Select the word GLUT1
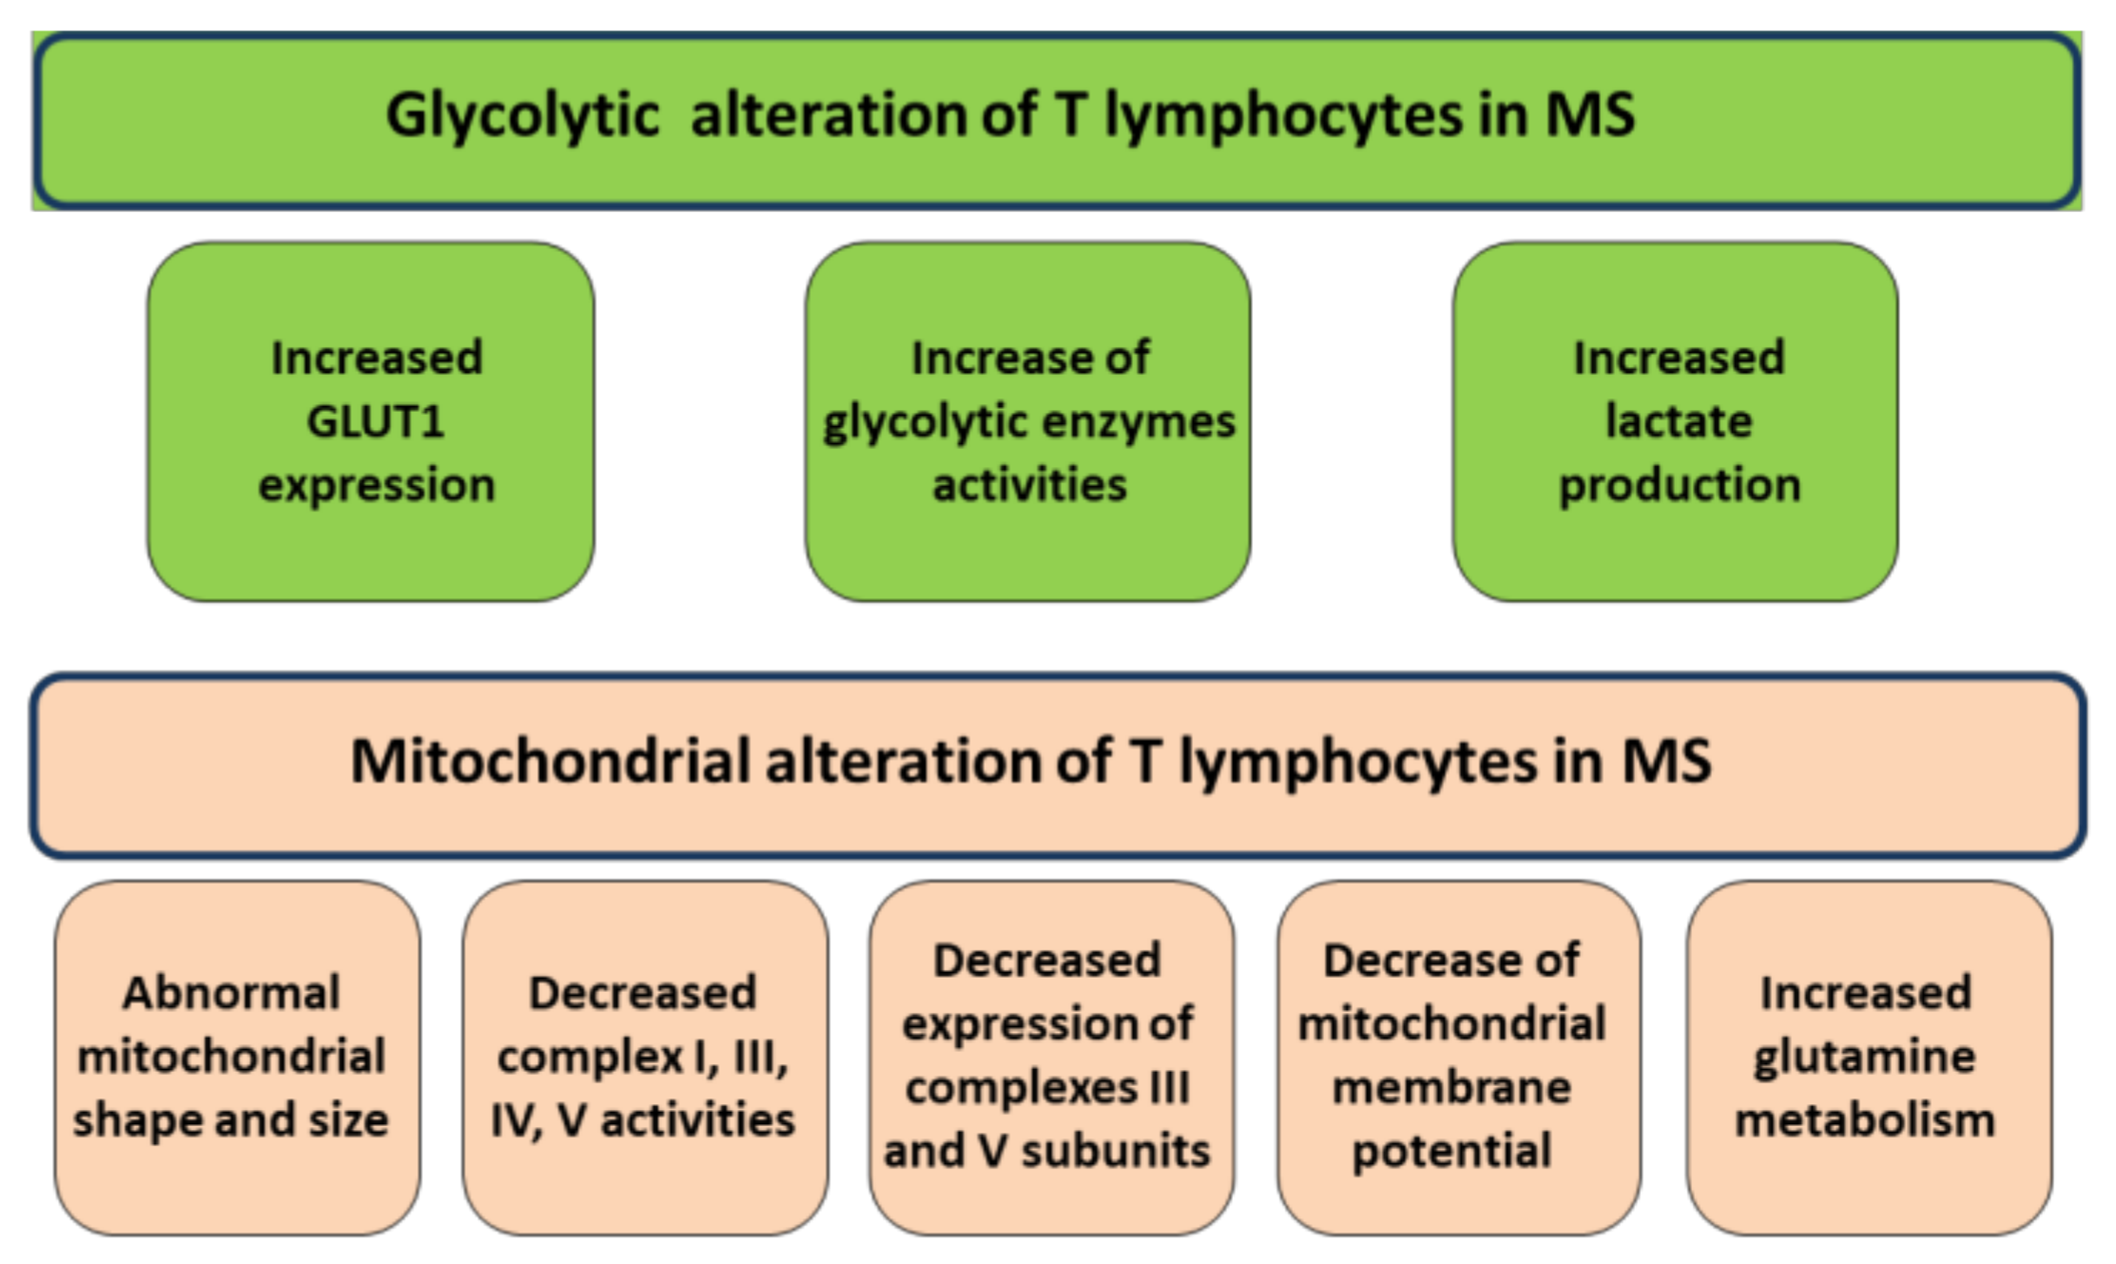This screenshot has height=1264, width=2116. coord(375,421)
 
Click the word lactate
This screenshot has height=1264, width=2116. coord(1678,421)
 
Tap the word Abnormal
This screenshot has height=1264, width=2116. coord(231,994)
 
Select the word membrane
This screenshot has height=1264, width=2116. coord(1451,1088)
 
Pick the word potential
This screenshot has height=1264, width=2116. coord(1451,1152)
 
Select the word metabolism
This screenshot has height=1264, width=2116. coord(1864,1120)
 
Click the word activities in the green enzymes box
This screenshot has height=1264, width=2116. coord(1029,485)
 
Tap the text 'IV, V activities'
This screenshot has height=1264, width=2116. coord(643,1120)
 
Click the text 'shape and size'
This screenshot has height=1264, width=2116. coord(231,1120)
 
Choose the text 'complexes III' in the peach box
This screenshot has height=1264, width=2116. coord(1047,1088)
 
